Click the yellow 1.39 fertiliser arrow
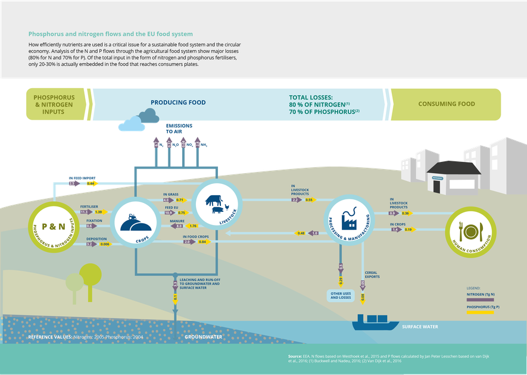(99, 212)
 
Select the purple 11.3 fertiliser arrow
(85, 212)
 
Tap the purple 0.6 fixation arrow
(90, 226)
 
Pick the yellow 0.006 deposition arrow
(105, 244)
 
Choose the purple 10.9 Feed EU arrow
(169, 212)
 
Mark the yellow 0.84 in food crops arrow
(202, 242)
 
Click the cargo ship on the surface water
(376, 321)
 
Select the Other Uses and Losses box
(341, 295)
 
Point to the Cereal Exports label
(373, 275)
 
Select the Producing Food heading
(178, 102)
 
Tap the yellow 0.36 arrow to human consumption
(406, 212)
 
